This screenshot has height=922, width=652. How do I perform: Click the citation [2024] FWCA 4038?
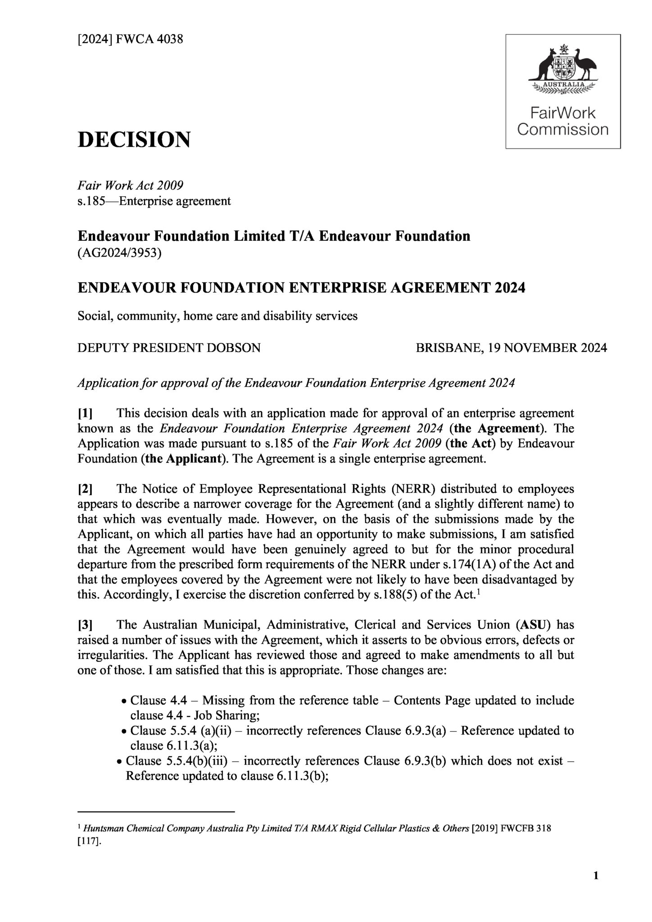coord(131,39)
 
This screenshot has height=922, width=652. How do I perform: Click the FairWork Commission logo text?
coord(562,121)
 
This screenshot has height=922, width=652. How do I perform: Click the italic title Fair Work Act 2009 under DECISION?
coord(130,185)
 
